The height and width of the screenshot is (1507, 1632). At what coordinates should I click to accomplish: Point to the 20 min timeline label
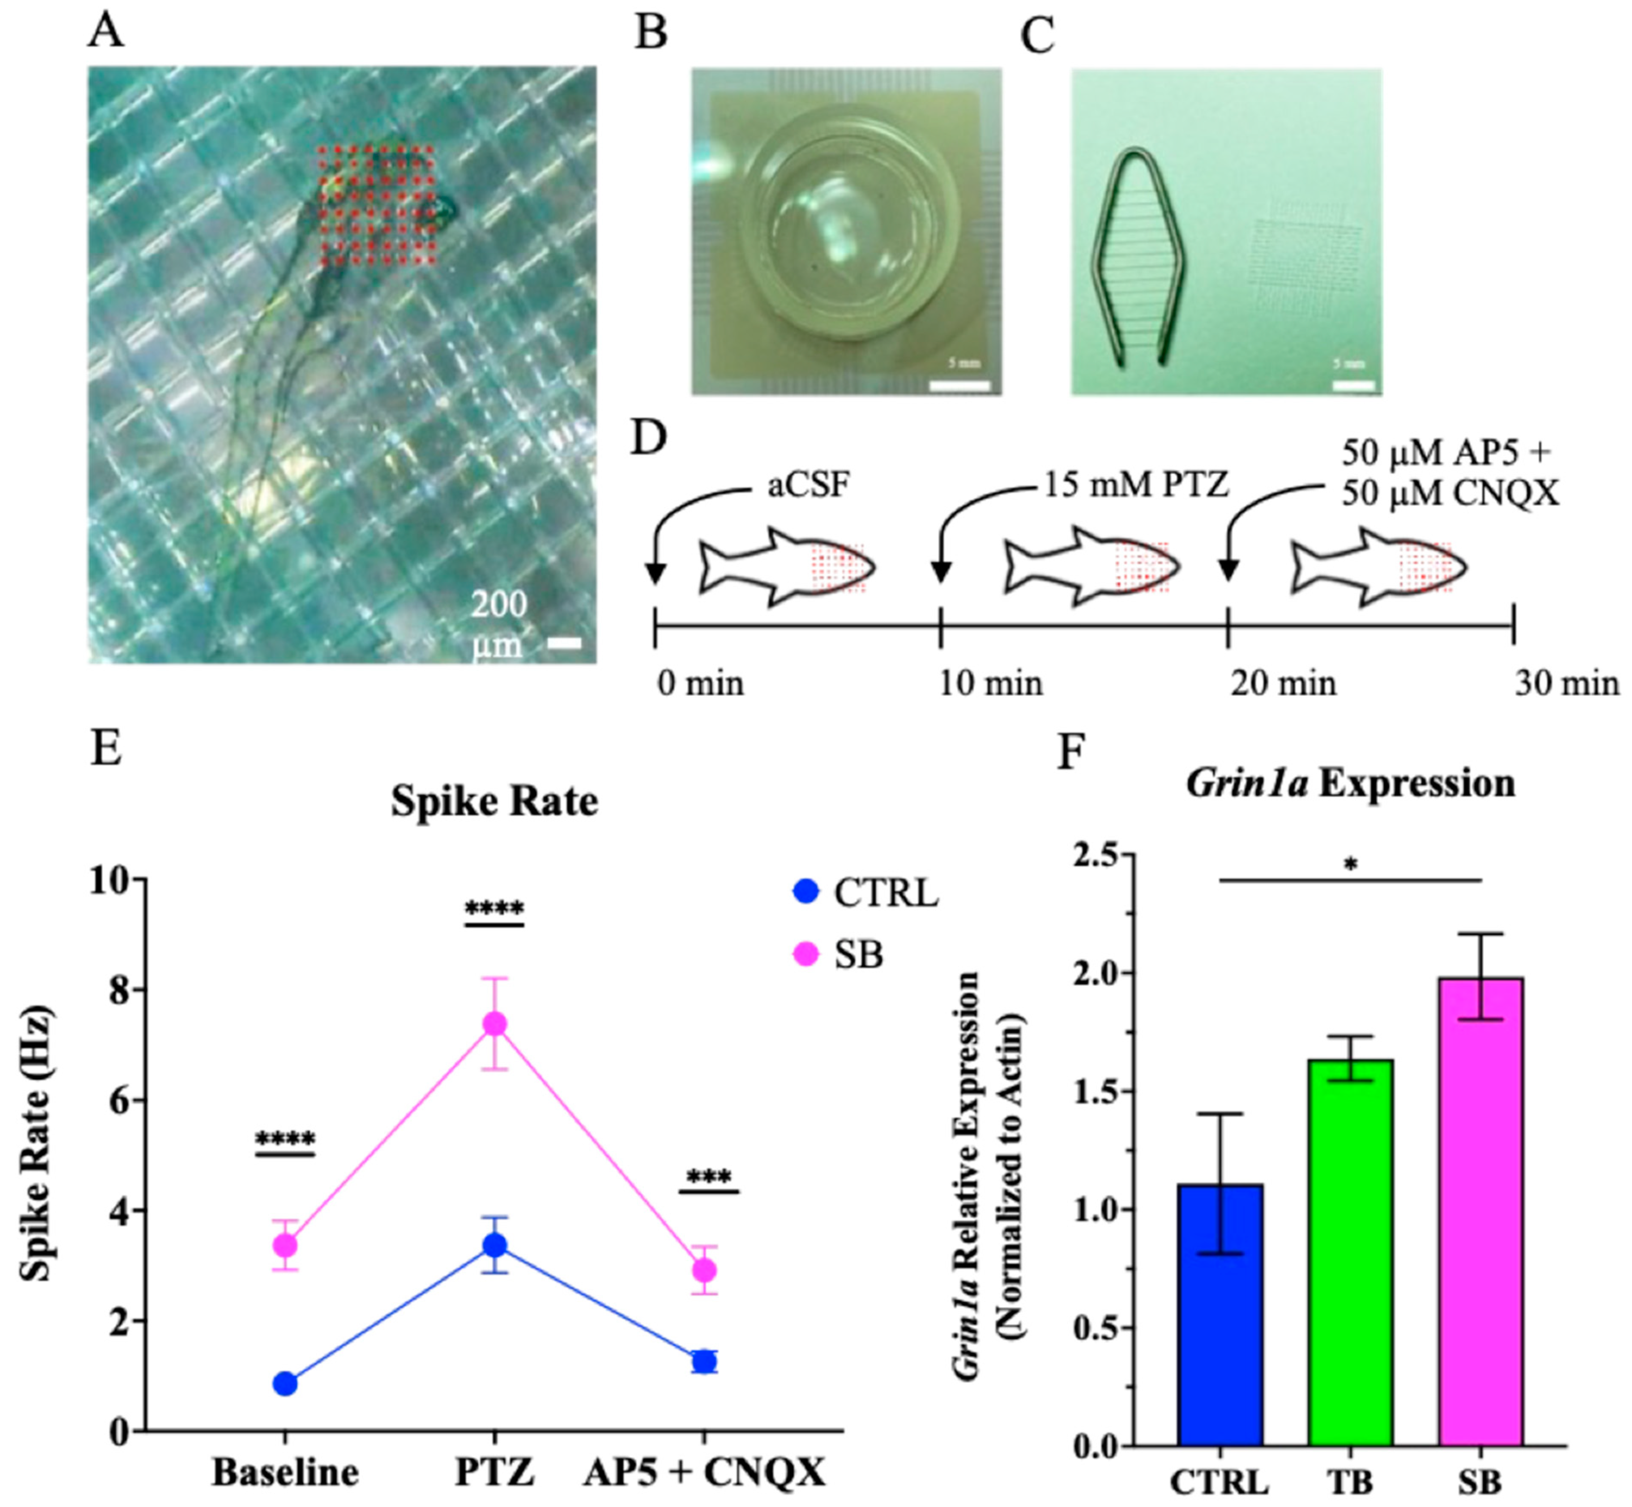(1282, 684)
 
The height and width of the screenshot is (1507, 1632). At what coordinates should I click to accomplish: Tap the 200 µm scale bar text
(499, 624)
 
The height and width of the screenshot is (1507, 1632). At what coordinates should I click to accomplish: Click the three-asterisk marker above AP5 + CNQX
(709, 1177)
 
